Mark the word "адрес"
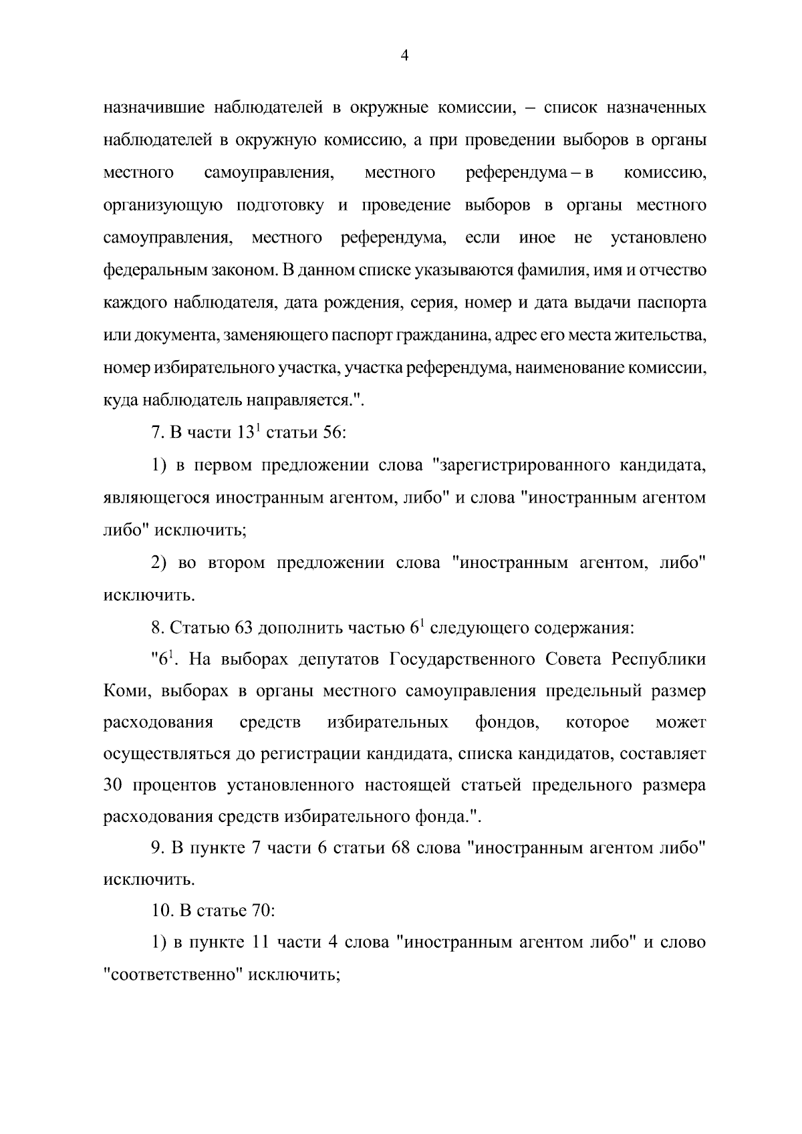[x=511, y=335]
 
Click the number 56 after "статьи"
[x=332, y=434]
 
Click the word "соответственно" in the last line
[x=173, y=976]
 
